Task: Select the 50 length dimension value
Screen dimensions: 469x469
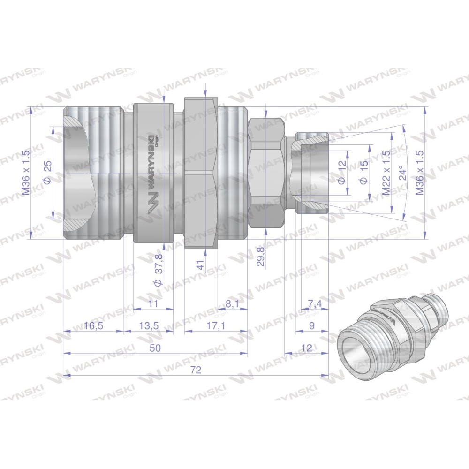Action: click(156, 348)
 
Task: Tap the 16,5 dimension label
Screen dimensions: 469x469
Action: click(94, 326)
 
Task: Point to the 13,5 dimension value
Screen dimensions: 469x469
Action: click(149, 326)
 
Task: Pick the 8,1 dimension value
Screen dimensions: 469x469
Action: click(232, 304)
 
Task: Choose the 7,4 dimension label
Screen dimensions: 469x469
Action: click(314, 304)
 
